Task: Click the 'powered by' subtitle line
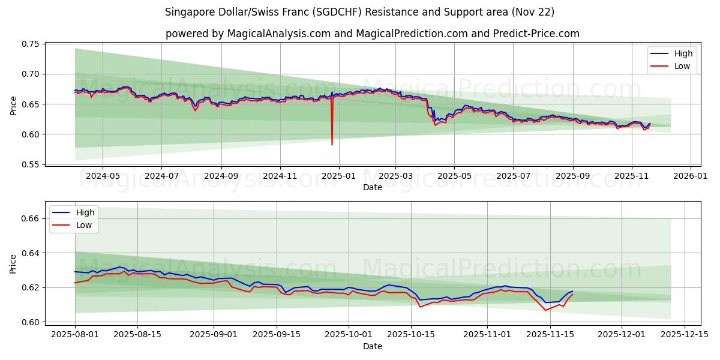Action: (x=372, y=34)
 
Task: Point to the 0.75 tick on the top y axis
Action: (x=31, y=44)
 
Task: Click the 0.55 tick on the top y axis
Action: (x=31, y=164)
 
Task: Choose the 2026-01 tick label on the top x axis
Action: (x=690, y=176)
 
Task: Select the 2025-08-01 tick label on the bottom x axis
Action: (x=75, y=335)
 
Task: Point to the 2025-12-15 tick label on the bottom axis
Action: (x=685, y=335)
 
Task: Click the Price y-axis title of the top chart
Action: (x=13, y=104)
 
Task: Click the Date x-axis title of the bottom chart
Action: (x=372, y=346)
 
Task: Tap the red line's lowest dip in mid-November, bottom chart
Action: (x=545, y=310)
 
